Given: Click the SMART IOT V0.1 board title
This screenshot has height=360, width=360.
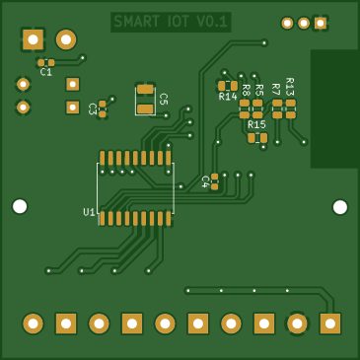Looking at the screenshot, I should tap(171, 22).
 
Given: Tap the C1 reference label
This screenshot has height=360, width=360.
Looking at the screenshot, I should tap(46, 72).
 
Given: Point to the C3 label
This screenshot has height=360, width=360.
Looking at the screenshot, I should tap(92, 108).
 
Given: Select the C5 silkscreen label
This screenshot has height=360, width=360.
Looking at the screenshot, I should tap(163, 100).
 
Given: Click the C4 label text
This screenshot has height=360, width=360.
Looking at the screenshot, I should tap(205, 181).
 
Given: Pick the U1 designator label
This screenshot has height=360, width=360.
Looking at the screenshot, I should tap(89, 212).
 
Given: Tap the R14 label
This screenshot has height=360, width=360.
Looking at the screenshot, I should tap(228, 97).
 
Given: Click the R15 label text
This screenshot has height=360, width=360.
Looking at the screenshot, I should tap(256, 125).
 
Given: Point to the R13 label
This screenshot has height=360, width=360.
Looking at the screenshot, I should tap(290, 86).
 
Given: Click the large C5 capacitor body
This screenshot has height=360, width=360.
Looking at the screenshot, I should tap(145, 99).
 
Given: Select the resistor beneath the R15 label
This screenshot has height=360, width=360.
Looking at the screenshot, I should tap(257, 138).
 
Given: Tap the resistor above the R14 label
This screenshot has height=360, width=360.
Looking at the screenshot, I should tap(228, 86).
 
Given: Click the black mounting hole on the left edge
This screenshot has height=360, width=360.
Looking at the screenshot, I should tap(20, 206).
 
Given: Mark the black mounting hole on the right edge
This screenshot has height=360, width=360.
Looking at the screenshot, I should tap(340, 207).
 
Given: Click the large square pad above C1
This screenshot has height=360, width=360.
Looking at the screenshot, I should tap(34, 39).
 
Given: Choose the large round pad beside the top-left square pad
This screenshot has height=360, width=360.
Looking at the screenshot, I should tap(66, 39).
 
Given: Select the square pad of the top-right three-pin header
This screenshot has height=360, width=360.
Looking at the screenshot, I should tap(320, 23).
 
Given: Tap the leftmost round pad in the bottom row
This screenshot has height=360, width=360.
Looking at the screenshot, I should tap(33, 324).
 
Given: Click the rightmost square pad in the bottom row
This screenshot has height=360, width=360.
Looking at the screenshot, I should tap(330, 324).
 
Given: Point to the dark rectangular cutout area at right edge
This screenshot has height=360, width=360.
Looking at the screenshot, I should tap(335, 108).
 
